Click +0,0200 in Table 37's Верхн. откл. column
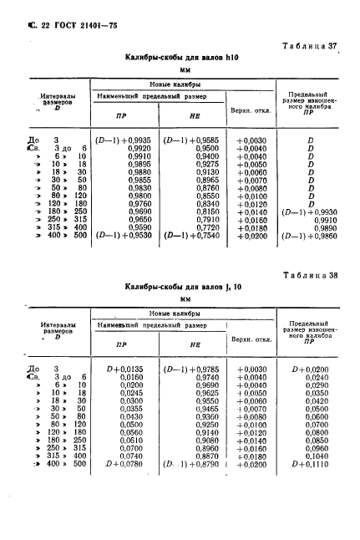tap(252, 238)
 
